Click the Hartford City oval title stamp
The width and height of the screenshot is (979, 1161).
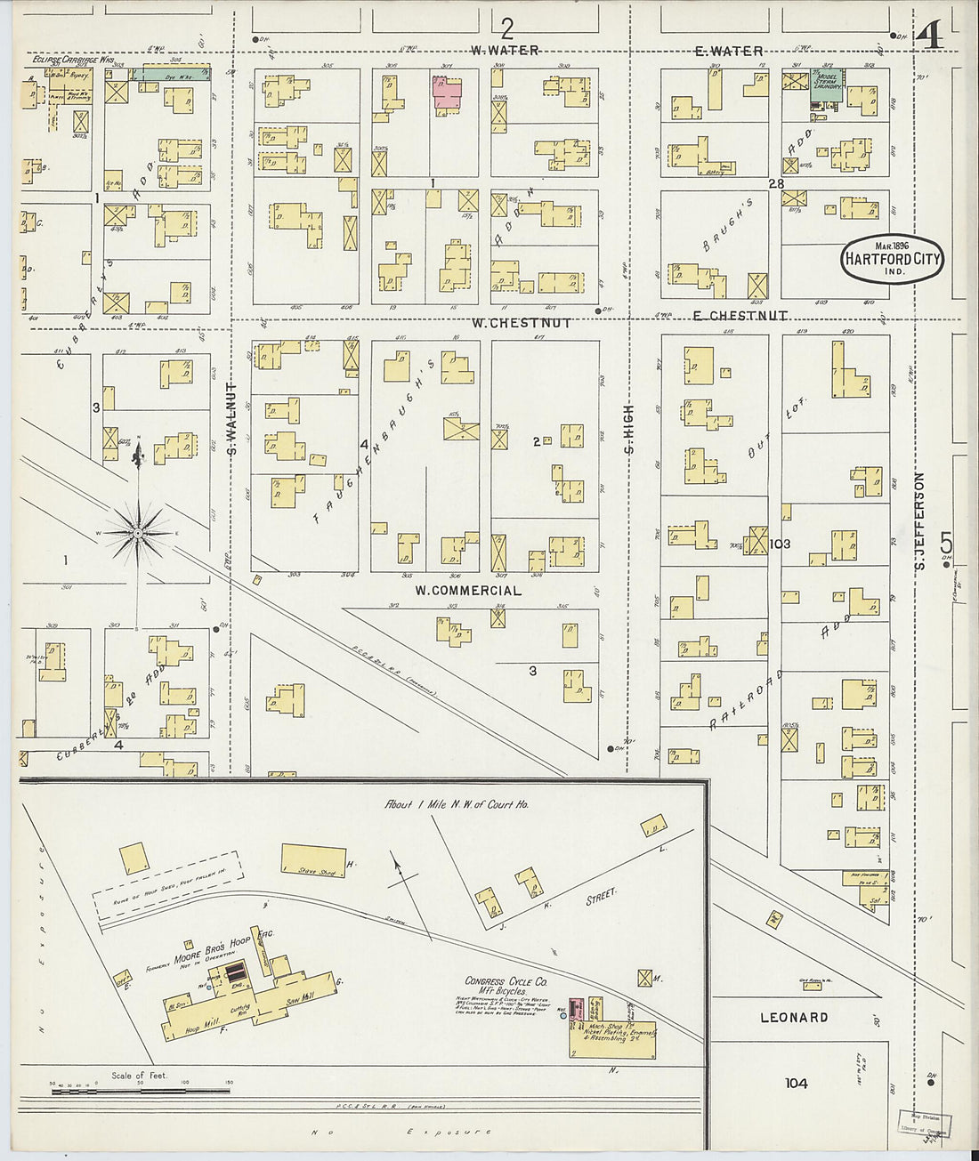892,260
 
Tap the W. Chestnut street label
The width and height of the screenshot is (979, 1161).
522,323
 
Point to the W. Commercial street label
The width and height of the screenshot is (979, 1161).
468,590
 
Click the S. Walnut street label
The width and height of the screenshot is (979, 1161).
231,419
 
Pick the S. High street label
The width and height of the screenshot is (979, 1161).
628,429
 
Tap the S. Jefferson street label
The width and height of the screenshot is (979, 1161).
920,521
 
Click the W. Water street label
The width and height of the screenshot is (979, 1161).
506,51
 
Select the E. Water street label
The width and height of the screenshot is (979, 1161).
729,52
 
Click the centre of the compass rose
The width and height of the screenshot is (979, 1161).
138,532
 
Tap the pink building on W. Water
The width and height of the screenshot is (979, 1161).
448,94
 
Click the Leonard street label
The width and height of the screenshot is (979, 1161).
794,1017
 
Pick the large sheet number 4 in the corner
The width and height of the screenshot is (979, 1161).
929,36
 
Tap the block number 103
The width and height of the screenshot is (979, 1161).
781,544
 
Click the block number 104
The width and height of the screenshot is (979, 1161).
797,1083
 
